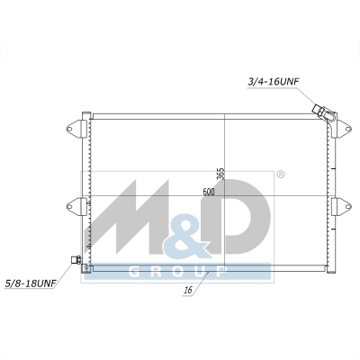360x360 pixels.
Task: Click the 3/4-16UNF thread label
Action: [x=274, y=82]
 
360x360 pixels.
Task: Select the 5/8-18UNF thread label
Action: [x=31, y=283]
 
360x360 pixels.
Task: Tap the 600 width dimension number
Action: [x=209, y=192]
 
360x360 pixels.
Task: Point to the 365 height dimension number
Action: [x=220, y=174]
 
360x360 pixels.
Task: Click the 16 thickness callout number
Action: [x=188, y=290]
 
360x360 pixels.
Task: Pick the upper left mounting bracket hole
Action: [x=69, y=130]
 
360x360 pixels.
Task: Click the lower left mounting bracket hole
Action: [x=69, y=206]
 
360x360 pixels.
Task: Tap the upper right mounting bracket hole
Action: [x=348, y=130]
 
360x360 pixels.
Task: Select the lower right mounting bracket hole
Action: [x=348, y=206]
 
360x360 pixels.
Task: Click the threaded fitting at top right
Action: [x=319, y=110]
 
